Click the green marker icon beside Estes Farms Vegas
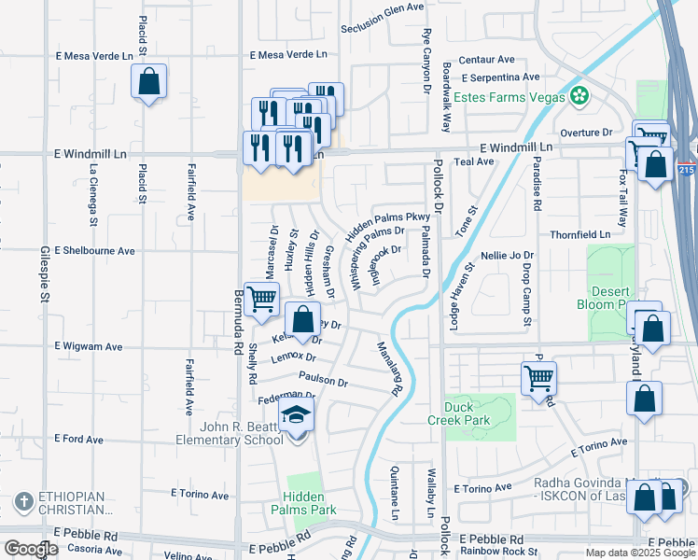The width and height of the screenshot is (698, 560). point(579,96)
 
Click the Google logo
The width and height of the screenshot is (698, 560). point(31,550)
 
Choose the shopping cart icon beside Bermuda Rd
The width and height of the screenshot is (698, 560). point(261,299)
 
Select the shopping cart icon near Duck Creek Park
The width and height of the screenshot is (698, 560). point(538,378)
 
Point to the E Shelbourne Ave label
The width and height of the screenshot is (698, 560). point(94,251)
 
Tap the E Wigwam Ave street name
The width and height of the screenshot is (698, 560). point(89,346)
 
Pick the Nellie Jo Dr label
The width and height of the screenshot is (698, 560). point(507,255)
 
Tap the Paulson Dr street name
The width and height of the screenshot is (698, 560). point(323,381)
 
